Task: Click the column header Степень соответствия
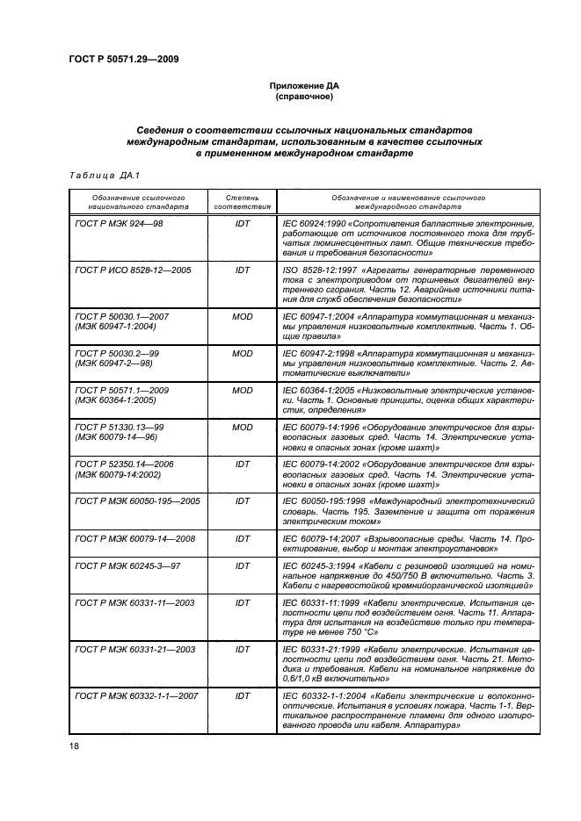coord(243,203)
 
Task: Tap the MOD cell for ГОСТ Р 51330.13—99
coord(243,428)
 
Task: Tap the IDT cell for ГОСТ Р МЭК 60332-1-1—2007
coord(243,696)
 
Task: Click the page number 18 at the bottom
coord(73,747)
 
